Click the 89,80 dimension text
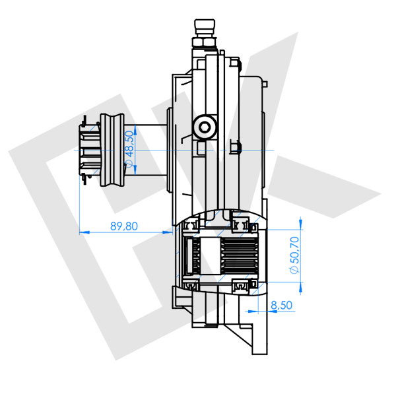click(123, 226)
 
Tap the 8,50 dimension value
click(282, 305)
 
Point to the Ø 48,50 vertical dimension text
click(130, 151)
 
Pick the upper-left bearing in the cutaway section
click(193, 226)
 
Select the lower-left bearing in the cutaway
click(193, 285)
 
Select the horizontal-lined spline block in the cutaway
click(240, 255)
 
